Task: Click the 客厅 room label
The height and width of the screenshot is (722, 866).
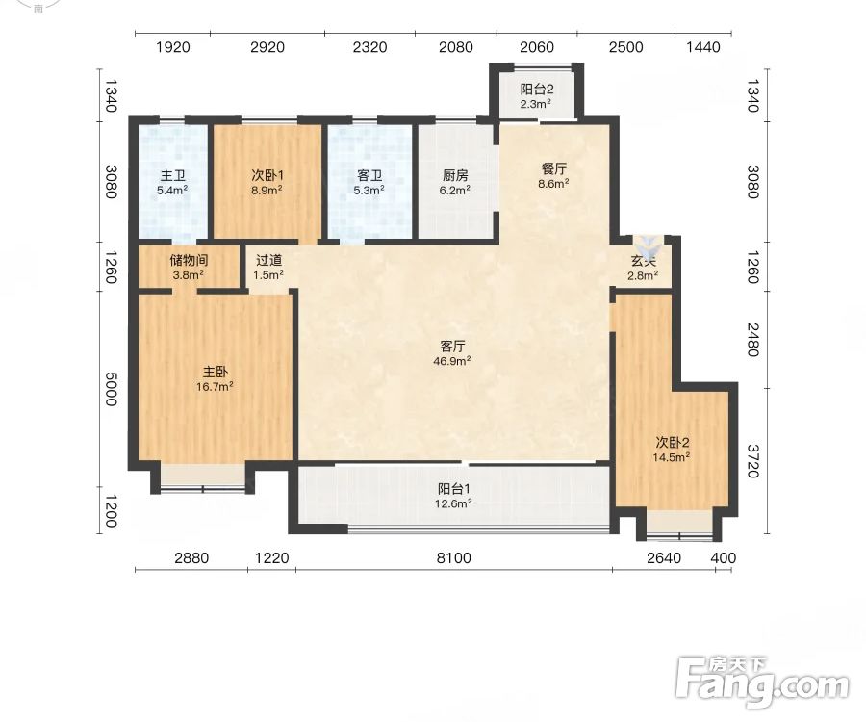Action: tap(452, 347)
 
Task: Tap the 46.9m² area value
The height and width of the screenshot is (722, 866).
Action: tap(452, 361)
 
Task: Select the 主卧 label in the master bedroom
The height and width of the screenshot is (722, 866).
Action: tap(215, 372)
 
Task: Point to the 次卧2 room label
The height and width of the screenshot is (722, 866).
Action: tap(673, 443)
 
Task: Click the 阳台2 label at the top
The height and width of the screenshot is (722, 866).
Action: tap(537, 89)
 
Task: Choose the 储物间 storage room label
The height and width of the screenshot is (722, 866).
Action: tap(189, 260)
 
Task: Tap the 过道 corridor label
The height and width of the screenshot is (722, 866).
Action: tap(269, 260)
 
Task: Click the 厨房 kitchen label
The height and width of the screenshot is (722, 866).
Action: tap(455, 175)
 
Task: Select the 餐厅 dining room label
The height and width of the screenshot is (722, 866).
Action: tap(554, 169)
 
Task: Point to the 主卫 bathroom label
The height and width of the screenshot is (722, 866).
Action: tap(172, 175)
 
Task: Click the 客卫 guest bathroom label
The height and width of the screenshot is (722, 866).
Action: tap(369, 175)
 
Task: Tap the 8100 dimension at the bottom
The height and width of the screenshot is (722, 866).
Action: tap(454, 558)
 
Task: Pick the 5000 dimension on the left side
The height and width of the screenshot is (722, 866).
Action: tap(112, 389)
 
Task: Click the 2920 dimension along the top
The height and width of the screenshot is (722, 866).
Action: tap(267, 47)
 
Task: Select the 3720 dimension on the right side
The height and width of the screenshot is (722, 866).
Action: tap(753, 461)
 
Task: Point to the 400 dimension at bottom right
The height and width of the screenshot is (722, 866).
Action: tap(724, 558)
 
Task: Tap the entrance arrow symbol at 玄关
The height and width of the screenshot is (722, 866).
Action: tap(645, 244)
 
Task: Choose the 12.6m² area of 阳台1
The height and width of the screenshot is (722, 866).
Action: tap(453, 503)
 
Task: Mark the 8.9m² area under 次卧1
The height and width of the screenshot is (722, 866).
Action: tap(267, 191)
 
